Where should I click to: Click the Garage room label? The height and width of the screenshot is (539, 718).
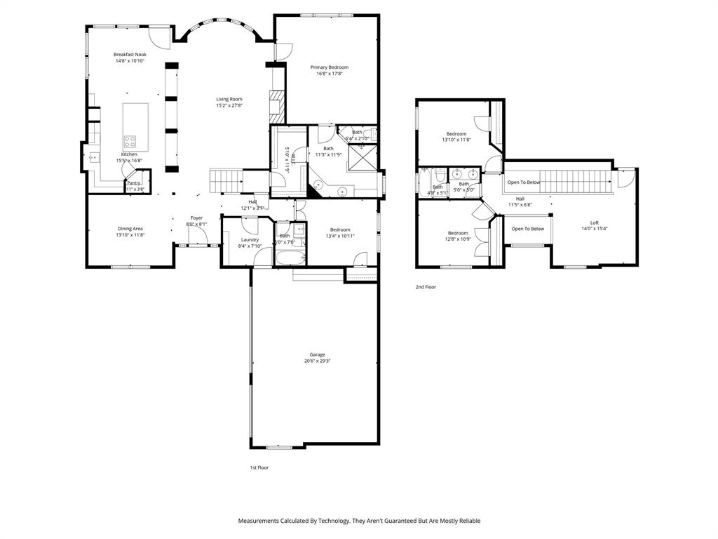(x=317, y=354)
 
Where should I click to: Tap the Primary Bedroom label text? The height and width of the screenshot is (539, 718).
(x=329, y=67)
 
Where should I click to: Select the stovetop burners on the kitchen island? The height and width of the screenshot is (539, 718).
(x=130, y=142)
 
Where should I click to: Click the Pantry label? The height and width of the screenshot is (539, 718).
(x=133, y=183)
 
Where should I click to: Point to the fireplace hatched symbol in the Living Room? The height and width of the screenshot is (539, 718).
(x=277, y=98)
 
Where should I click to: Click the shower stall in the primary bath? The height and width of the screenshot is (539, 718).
(x=364, y=157)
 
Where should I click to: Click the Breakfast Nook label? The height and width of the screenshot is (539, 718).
(x=130, y=54)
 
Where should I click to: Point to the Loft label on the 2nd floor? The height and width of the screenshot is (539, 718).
(x=594, y=222)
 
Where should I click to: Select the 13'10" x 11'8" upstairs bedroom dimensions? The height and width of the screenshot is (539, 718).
(x=456, y=140)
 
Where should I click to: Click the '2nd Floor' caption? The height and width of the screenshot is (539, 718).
(x=426, y=287)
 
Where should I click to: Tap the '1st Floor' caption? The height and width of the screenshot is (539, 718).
(x=259, y=467)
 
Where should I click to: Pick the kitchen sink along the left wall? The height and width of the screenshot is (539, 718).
(x=92, y=157)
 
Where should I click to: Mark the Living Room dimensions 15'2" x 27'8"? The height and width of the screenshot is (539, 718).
(x=229, y=106)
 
